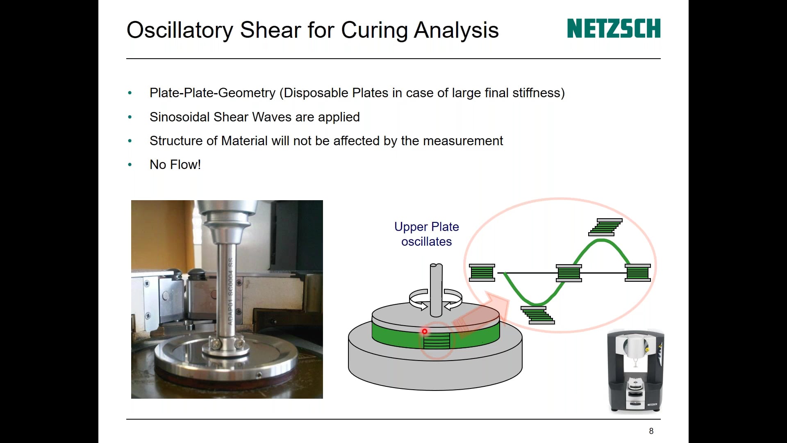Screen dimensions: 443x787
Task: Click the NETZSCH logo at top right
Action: [x=613, y=28]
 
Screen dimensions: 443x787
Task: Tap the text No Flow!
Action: [x=175, y=164]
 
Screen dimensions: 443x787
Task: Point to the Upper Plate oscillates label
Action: [x=426, y=234]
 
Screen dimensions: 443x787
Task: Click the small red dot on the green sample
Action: [x=425, y=331]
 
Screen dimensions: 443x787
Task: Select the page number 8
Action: [x=651, y=431]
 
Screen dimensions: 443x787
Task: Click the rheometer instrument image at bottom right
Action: [x=635, y=371]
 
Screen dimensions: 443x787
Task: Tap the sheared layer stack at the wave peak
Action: [x=605, y=227]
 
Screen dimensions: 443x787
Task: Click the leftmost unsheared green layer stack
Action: [x=482, y=272]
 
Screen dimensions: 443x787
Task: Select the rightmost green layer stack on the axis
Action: [x=638, y=272]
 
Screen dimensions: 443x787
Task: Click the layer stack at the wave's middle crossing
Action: [x=569, y=273]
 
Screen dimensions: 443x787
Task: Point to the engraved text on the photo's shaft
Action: [x=230, y=291]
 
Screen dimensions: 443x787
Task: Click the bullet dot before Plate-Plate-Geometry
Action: [x=130, y=93]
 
